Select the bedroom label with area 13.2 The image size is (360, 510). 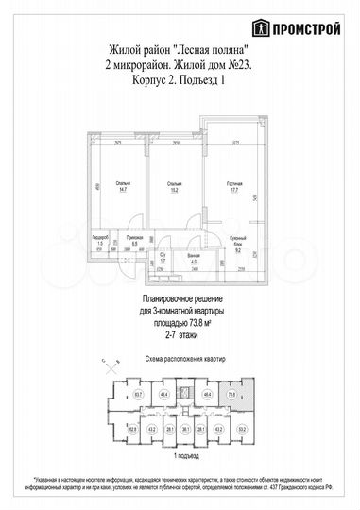[x=176, y=186]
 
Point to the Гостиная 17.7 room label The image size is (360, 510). [x=235, y=186]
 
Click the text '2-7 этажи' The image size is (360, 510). [x=182, y=333]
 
